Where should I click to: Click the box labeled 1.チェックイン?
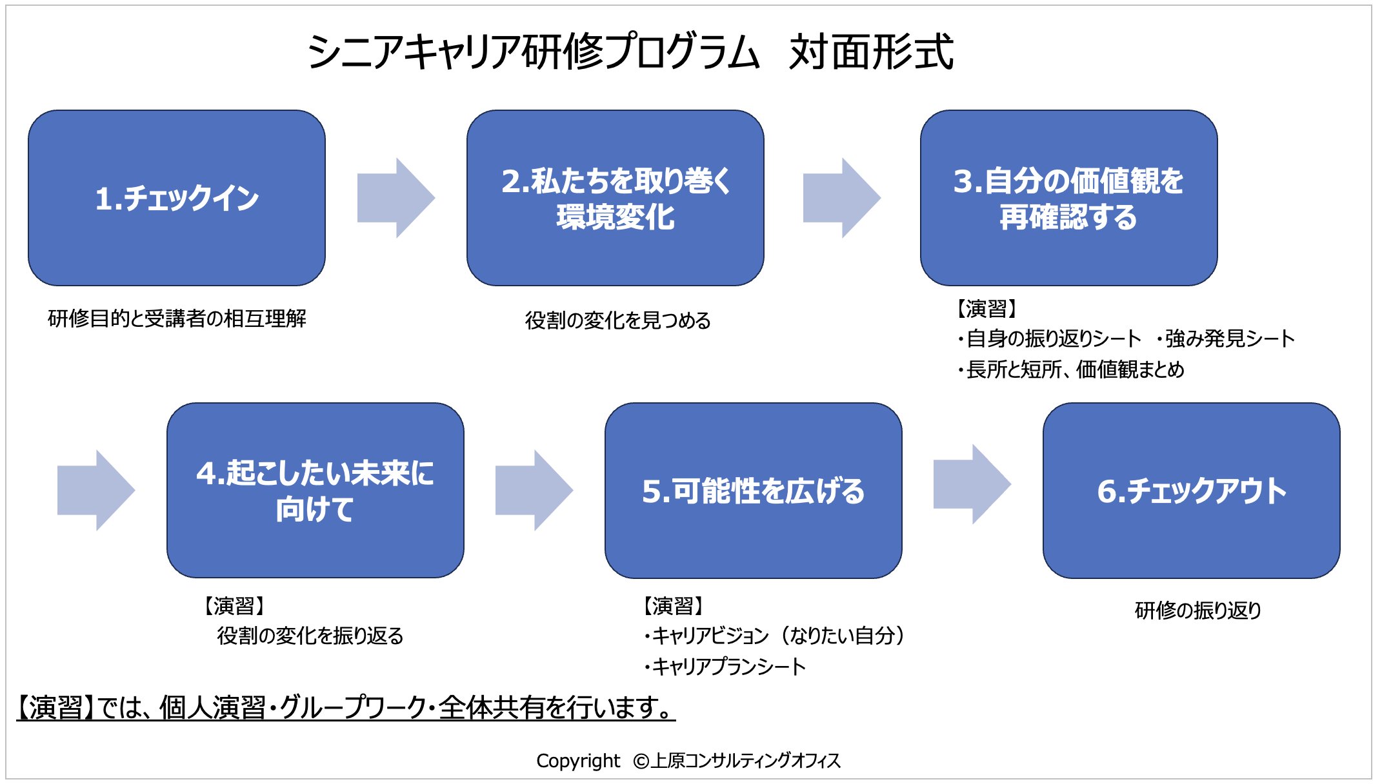(177, 198)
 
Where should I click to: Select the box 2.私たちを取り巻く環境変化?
(616, 198)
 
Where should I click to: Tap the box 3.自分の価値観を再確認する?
(1069, 198)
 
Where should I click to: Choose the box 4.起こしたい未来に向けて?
(315, 491)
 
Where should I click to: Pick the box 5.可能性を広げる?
(754, 491)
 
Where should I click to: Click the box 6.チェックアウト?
(1192, 491)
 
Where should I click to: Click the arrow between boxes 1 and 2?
(396, 198)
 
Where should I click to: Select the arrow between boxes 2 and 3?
(842, 198)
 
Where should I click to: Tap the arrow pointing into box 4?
(96, 491)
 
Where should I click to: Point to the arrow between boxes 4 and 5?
(534, 491)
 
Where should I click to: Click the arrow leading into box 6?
(972, 484)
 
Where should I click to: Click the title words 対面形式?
(871, 52)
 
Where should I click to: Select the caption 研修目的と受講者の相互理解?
(177, 318)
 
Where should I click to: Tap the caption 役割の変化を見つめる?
(617, 320)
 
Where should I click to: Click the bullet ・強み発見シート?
(1225, 338)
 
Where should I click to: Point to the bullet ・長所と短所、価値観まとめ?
(1070, 369)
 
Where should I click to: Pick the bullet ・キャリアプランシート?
(725, 666)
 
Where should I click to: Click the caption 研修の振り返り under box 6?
(1197, 610)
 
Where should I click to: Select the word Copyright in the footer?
(578, 761)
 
